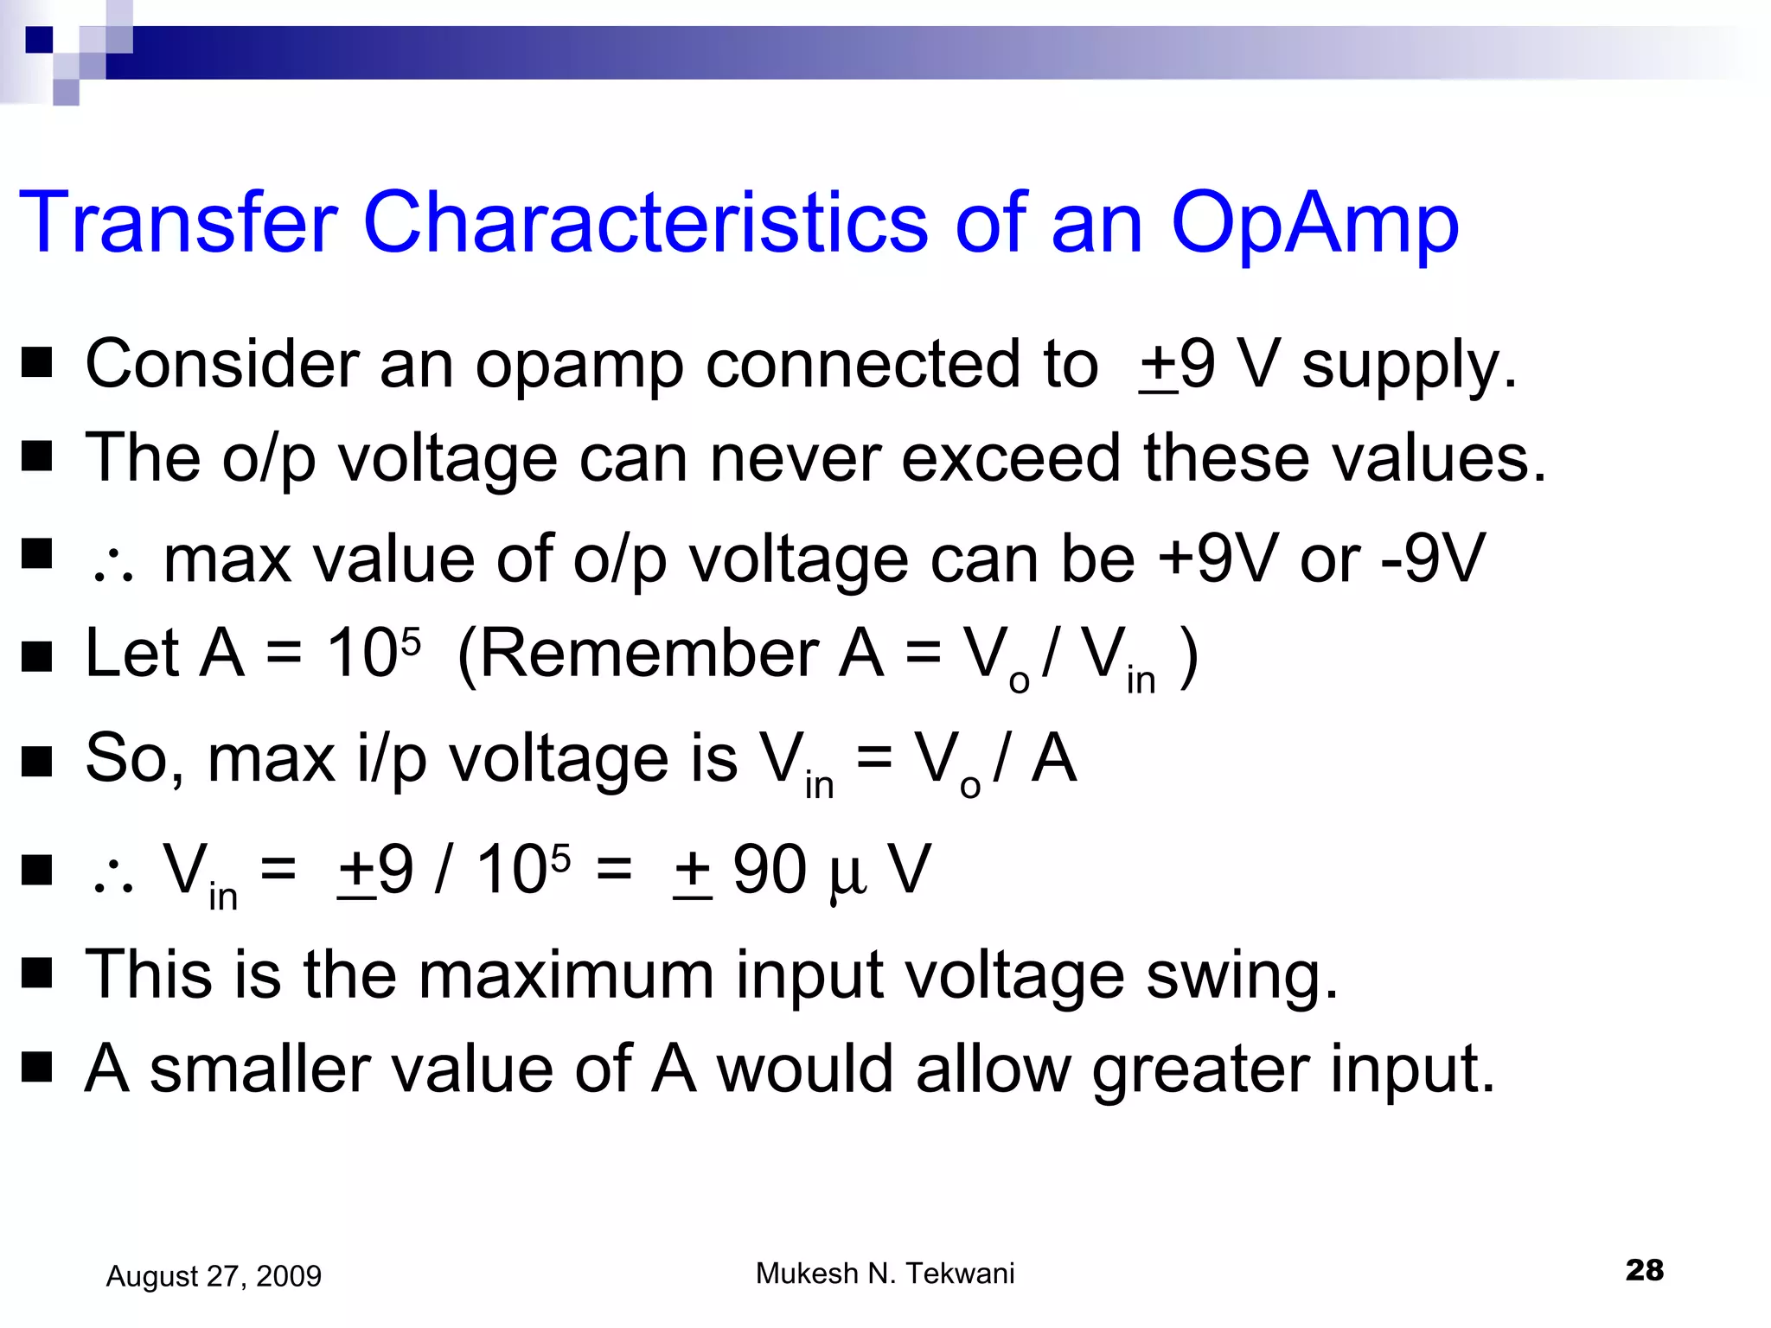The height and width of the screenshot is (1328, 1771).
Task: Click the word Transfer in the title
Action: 177,223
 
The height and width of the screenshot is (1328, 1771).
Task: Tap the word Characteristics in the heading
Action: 645,223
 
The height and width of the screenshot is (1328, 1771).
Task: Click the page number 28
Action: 1644,1270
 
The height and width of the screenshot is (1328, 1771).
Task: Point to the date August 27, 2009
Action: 214,1276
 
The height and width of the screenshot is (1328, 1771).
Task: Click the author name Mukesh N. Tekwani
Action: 885,1274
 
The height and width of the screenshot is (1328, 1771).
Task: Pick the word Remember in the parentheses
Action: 649,654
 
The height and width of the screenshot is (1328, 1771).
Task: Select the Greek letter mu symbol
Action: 847,875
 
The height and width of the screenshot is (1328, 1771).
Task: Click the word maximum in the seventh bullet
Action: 567,975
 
